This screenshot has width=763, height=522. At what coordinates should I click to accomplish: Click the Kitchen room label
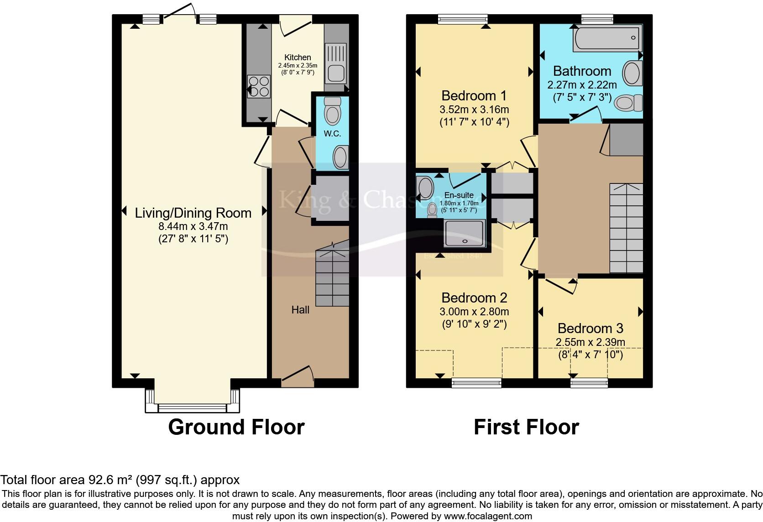298,57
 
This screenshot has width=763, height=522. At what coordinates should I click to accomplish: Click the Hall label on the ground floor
300,310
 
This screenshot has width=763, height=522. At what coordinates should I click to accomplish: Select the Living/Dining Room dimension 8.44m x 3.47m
193,226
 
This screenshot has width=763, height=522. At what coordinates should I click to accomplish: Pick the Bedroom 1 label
474,96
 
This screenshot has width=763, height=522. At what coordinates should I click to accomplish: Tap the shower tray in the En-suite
464,233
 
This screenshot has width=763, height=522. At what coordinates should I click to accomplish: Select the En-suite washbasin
426,188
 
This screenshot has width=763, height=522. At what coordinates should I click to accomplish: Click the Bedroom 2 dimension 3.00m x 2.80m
474,312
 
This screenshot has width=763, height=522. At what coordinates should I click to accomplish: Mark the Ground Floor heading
236,428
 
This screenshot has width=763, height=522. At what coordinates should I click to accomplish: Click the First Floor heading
526,428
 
